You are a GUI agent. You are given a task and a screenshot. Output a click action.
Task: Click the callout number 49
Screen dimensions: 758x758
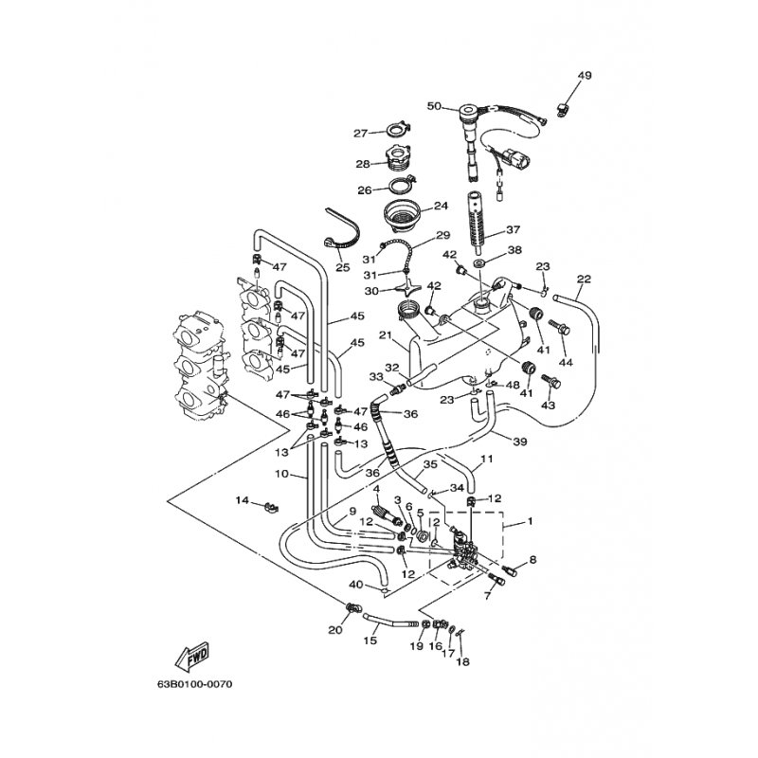[584, 76]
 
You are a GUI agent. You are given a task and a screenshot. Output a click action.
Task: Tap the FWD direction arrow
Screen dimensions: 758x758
[192, 655]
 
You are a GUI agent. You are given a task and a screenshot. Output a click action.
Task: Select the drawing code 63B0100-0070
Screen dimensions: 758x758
[195, 683]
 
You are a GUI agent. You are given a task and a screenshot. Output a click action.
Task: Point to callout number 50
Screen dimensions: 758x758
[434, 106]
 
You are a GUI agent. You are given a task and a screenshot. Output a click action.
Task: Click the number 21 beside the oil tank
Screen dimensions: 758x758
[386, 334]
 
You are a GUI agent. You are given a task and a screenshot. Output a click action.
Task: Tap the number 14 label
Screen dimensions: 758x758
[242, 499]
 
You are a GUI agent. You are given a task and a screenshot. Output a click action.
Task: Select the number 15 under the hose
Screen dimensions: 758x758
[370, 641]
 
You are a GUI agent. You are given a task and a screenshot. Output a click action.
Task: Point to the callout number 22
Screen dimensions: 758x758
[584, 280]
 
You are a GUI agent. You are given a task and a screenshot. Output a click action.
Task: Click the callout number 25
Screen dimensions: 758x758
[342, 268]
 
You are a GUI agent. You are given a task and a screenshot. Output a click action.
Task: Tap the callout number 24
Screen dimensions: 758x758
[440, 206]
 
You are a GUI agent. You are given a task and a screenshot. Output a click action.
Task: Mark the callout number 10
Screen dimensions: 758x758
[280, 473]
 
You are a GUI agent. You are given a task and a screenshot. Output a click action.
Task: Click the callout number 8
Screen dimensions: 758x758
[532, 560]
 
